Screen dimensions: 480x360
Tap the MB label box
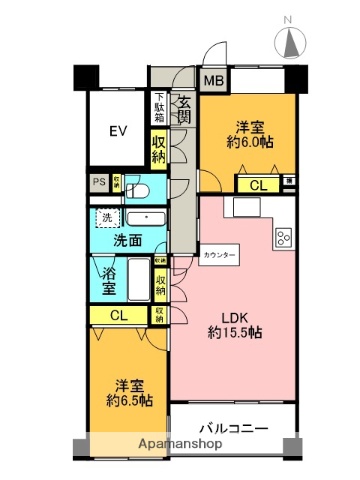click(x=215, y=82)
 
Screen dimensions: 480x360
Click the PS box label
click(x=98, y=182)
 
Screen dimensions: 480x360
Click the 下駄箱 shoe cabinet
click(x=159, y=104)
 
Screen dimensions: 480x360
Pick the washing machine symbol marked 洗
click(x=105, y=218)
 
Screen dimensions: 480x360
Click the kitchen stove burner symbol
click(x=283, y=237)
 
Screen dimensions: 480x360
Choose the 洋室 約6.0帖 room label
click(x=249, y=135)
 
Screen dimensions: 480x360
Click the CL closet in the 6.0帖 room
click(x=258, y=184)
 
